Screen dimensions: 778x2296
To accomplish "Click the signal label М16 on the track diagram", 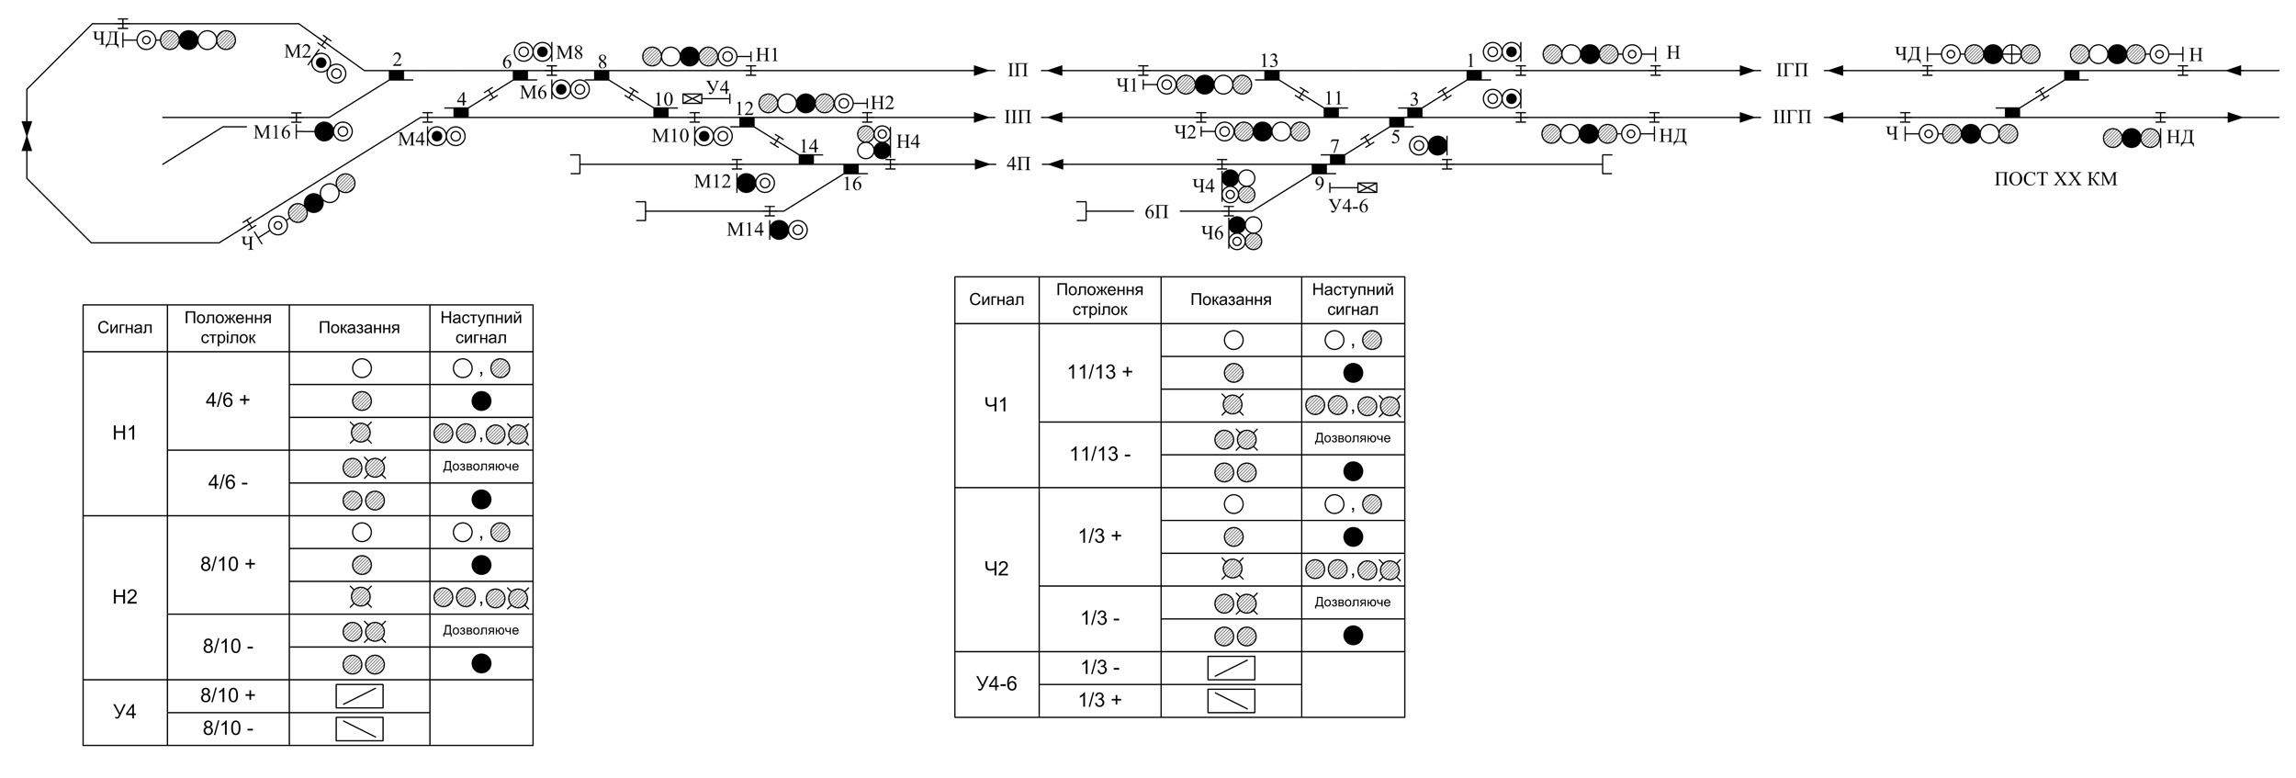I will point(272,132).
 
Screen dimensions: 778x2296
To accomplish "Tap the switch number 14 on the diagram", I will point(808,146).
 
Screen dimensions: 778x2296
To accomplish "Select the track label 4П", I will point(1019,164).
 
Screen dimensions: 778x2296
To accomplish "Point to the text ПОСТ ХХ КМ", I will point(2055,180).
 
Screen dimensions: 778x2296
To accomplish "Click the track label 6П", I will point(1156,212).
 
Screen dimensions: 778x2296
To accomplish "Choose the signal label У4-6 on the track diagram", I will point(1348,207).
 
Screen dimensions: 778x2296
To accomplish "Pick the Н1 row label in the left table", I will point(125,433).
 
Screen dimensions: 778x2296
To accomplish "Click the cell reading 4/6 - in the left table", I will point(228,482).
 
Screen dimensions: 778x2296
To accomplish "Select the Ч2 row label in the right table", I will point(996,569).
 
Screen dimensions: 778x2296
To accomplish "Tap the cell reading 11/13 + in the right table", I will point(1099,372).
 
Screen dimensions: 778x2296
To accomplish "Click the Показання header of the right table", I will point(1231,299).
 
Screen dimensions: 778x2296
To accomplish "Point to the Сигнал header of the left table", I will point(125,328).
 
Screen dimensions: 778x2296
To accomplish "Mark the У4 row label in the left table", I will point(125,712).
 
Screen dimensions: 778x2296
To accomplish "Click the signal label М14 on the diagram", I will point(746,230).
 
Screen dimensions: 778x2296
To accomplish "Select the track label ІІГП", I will point(1792,118).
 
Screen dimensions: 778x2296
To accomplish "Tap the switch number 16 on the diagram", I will point(852,185).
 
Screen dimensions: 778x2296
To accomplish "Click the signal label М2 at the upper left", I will point(298,51).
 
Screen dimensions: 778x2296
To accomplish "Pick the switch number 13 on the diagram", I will point(1268,61).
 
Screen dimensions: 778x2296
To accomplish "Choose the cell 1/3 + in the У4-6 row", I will point(1099,700).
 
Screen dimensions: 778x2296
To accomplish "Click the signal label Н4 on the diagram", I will point(907,141).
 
